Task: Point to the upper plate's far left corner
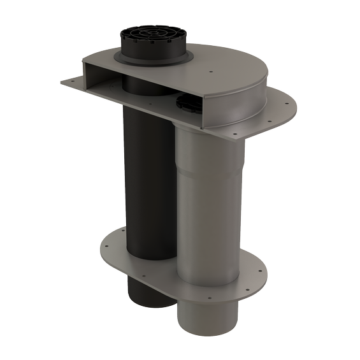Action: pos(62,82)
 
